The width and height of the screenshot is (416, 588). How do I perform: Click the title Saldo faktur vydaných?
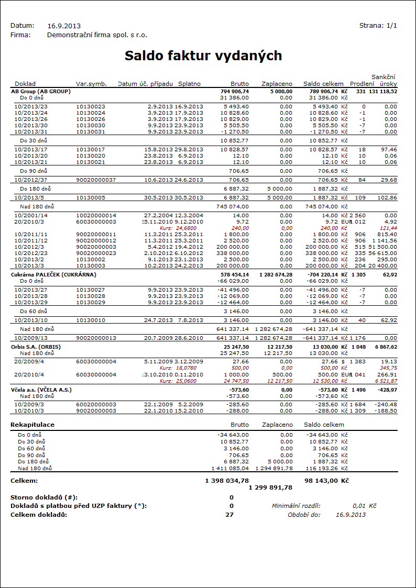203,56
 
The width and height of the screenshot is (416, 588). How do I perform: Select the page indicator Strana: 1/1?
378,25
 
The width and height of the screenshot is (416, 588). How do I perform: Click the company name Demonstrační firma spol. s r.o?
97,35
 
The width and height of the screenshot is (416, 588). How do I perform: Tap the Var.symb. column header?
91,84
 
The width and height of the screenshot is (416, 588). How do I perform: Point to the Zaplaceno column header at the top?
277,84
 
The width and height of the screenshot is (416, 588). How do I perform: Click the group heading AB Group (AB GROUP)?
41,91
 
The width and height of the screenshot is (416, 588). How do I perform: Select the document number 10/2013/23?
31,106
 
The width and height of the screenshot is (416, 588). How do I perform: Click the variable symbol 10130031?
91,131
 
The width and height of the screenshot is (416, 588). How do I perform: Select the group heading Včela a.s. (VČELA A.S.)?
41,390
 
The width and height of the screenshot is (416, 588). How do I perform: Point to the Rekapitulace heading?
32,425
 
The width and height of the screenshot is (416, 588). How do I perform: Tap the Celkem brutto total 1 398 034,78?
226,480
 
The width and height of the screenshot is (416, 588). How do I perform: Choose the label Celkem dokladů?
39,514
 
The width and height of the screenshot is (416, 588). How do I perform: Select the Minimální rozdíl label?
296,506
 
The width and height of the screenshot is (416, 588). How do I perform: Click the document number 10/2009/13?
31,338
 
